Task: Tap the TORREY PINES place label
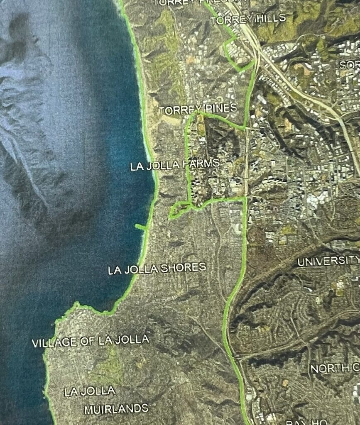pos(198,110)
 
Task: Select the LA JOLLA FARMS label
pos(175,165)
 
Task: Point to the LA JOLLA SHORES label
pos(157,269)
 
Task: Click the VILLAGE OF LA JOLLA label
pos(91,341)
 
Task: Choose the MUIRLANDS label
pos(116,409)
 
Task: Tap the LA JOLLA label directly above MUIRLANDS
pos(90,391)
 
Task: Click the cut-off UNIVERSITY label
pos(328,261)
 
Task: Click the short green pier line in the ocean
pos(140,227)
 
